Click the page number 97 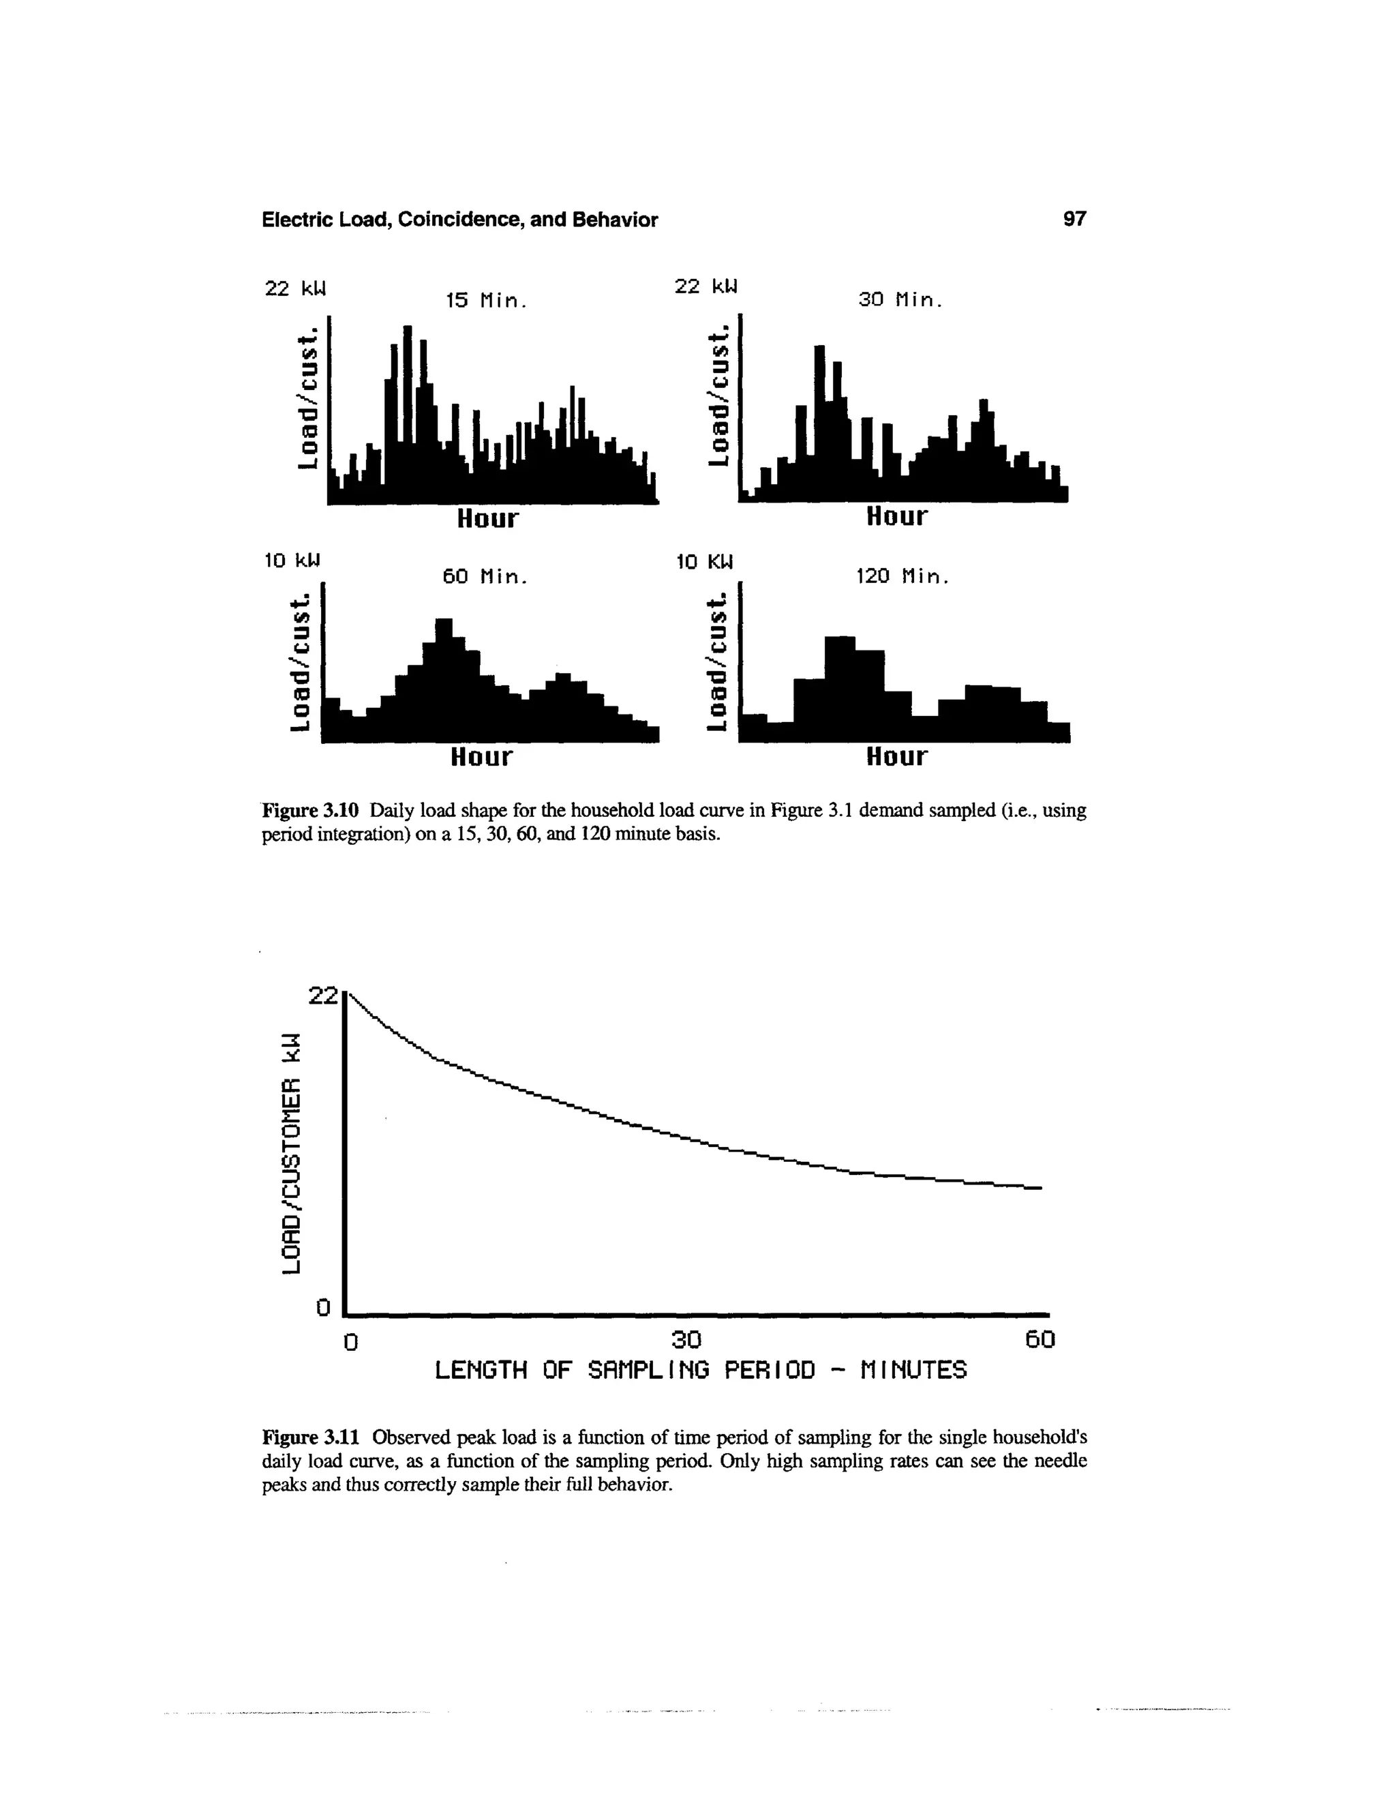point(1074,220)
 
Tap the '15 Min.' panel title point(485,301)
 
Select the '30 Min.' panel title point(900,300)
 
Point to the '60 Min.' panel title point(484,576)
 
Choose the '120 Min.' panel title point(901,576)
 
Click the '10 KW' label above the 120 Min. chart point(705,563)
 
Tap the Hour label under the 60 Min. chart point(481,756)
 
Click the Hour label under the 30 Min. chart point(896,516)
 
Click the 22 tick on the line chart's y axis point(323,996)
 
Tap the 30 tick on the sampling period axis point(686,1339)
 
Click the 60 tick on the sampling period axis point(1040,1339)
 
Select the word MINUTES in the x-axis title point(913,1371)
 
